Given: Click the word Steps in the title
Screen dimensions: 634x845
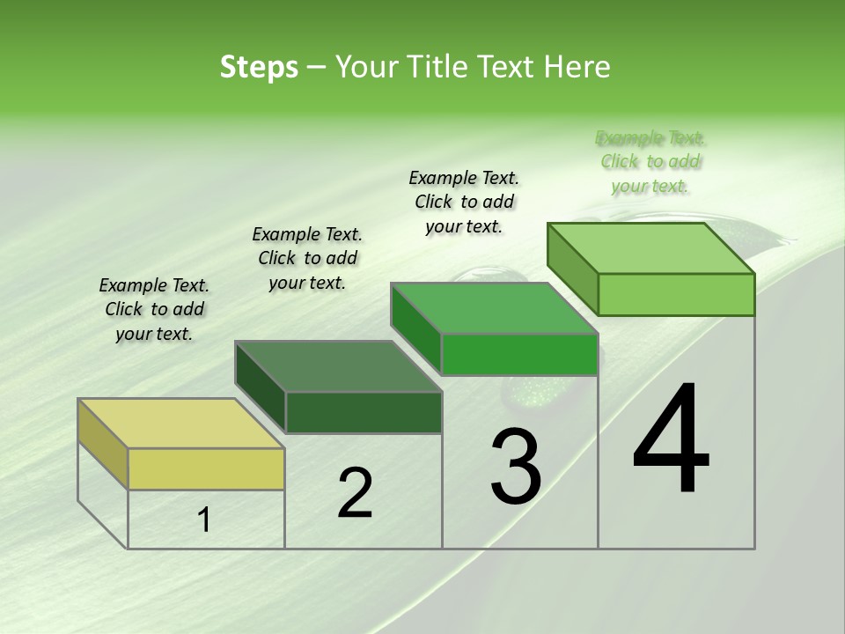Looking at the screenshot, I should [259, 67].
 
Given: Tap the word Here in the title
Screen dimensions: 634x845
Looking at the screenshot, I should [578, 67].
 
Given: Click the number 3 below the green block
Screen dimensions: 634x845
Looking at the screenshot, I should [516, 467].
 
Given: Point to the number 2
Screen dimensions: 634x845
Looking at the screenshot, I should [355, 493].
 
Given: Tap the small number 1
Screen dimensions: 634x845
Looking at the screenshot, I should [204, 520].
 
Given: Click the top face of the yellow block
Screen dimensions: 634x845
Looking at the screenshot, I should [180, 424].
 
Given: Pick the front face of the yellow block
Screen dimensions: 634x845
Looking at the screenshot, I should [206, 468].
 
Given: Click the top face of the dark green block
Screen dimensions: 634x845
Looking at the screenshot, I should [338, 365].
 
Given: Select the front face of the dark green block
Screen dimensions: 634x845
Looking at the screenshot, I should [364, 412].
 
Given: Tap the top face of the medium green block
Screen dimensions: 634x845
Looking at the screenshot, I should [495, 308].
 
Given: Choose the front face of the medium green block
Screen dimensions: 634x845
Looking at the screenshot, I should [519, 354].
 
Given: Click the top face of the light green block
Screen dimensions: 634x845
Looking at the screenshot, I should [651, 247].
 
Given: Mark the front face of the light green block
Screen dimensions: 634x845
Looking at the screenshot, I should [676, 294].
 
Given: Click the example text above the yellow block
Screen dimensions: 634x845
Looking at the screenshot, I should [154, 309].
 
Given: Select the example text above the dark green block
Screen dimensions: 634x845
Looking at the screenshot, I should [307, 258].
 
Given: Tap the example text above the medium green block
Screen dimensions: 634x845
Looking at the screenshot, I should [464, 202].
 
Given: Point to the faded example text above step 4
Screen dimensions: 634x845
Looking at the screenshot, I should [650, 162].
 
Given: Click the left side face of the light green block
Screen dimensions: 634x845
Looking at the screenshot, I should [572, 269].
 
